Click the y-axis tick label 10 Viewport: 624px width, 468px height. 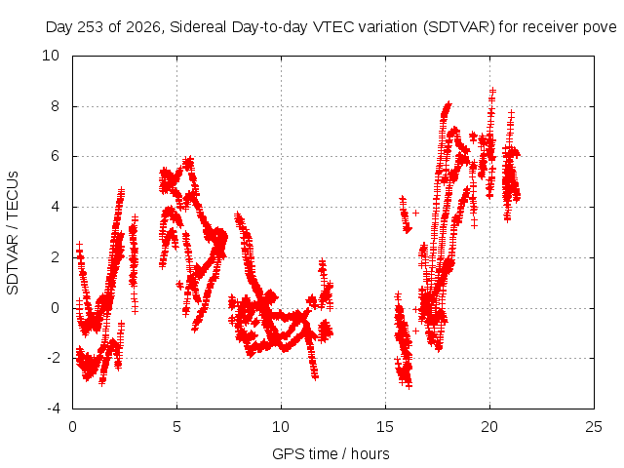(x=51, y=56)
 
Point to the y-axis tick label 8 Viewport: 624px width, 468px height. (x=55, y=106)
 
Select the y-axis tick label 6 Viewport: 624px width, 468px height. (x=55, y=156)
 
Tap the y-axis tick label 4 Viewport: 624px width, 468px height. (x=55, y=207)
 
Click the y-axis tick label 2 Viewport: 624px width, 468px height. (x=55, y=257)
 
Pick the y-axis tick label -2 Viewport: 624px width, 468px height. (x=53, y=358)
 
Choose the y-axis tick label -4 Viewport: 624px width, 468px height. (x=53, y=409)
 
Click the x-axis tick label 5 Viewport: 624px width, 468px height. (x=176, y=427)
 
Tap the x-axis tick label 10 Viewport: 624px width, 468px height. (x=281, y=427)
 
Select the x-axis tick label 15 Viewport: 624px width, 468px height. (x=385, y=427)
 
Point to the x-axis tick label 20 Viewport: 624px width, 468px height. (x=489, y=427)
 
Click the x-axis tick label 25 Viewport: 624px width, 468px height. (x=594, y=427)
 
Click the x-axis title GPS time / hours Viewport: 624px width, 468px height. (x=331, y=454)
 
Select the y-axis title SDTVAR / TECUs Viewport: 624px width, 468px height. (x=13, y=233)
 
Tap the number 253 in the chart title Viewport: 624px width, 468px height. (x=91, y=27)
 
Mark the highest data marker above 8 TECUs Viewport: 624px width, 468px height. (x=492, y=91)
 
